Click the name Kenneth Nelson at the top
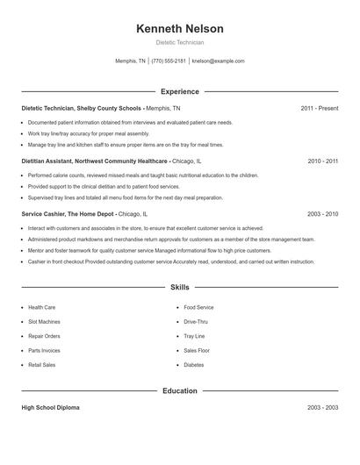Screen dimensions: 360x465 click(180, 29)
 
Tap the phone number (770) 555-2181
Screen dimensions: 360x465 click(169, 61)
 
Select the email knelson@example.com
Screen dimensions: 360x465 click(218, 61)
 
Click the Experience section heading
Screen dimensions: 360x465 click(180, 91)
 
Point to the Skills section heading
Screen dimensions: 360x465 click(180, 287)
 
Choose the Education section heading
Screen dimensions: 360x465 click(180, 390)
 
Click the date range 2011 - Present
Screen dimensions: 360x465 click(320, 109)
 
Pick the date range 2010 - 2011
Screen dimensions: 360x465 click(322, 161)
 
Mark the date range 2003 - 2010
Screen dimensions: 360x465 click(322, 214)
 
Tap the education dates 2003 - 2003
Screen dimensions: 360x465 click(322, 408)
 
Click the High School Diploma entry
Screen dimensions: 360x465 click(50, 408)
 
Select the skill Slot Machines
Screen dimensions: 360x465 click(44, 322)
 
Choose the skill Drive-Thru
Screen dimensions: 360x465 click(197, 322)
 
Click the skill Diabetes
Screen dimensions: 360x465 click(194, 365)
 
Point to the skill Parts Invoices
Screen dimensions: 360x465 click(44, 351)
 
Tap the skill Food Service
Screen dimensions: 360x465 click(198, 308)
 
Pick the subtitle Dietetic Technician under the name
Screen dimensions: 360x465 click(180, 42)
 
